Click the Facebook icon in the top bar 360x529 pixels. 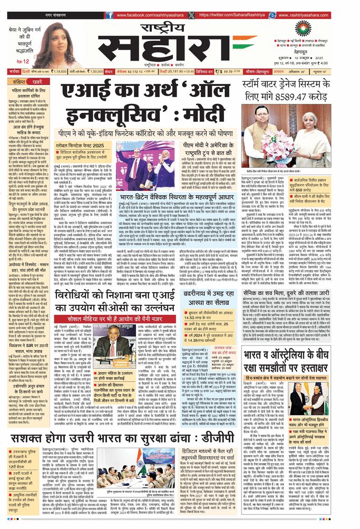[107, 16]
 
